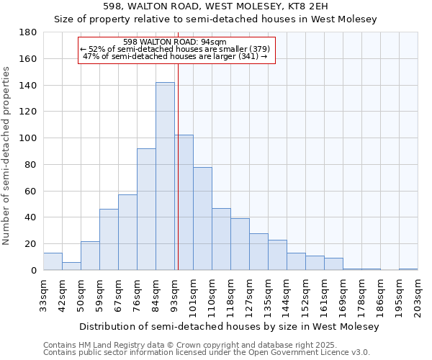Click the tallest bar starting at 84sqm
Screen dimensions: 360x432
(165, 176)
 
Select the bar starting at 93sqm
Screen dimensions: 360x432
(184, 202)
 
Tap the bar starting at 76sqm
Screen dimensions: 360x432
(146, 209)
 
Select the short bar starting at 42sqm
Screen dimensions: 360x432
(71, 266)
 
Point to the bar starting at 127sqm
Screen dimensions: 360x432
(258, 251)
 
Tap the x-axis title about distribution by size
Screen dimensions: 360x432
(229, 327)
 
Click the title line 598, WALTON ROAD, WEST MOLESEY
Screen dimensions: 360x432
(216, 6)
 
